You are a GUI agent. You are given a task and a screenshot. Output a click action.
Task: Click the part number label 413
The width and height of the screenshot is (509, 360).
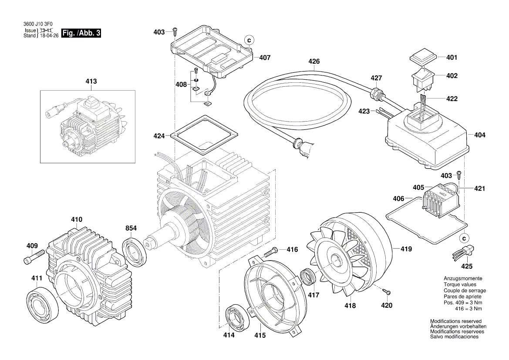[91, 82]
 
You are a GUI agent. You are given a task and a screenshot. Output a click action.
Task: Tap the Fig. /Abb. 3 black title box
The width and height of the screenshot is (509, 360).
[81, 33]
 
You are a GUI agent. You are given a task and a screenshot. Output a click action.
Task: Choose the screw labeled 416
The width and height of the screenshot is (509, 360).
[270, 251]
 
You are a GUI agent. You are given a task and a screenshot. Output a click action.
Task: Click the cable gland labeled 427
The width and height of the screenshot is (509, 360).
[376, 93]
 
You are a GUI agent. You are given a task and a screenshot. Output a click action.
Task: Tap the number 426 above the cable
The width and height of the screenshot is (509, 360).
[314, 61]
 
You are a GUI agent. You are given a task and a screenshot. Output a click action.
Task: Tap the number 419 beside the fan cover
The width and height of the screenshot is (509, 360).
[406, 250]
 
